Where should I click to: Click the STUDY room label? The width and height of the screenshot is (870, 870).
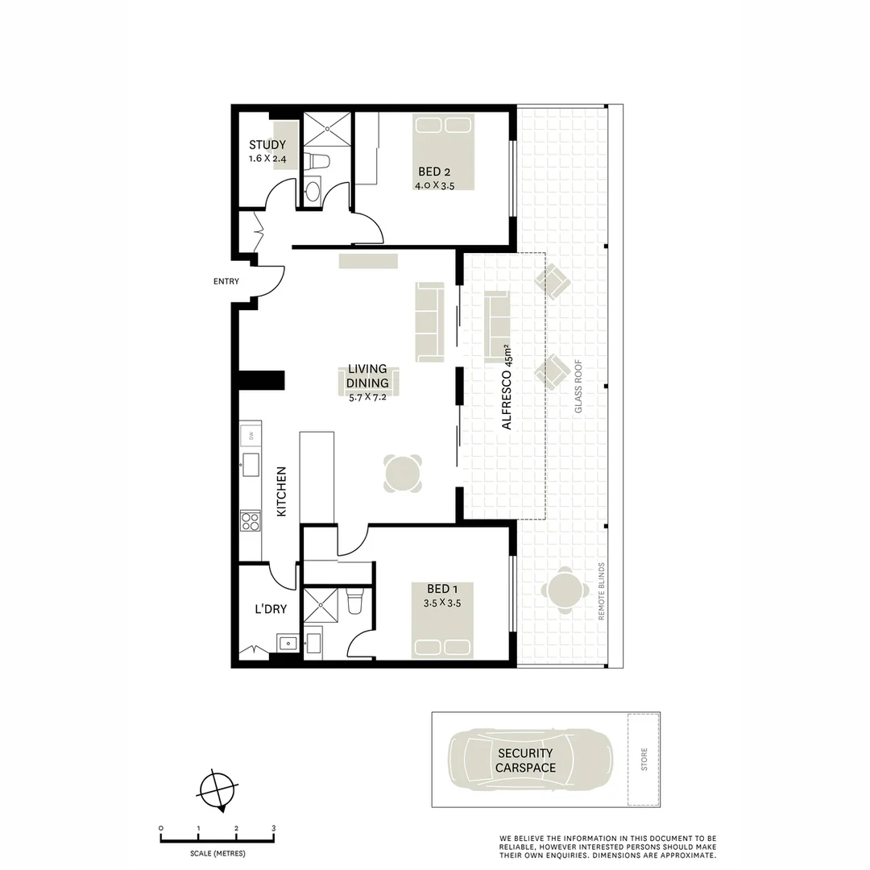267,145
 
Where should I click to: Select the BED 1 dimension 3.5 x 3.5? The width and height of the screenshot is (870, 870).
441,603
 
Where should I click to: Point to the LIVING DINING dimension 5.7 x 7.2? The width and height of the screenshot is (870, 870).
367,396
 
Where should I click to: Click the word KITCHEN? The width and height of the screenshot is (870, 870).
282,491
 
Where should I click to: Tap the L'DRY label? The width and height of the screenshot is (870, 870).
271,609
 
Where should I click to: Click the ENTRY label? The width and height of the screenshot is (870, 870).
226,281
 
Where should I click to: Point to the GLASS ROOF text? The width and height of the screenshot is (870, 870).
578,387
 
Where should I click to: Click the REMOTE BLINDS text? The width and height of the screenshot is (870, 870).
601,590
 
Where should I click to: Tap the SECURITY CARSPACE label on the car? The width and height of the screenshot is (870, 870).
525,760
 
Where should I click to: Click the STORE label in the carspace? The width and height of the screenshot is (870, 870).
644,760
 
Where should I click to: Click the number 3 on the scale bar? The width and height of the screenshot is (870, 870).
274,828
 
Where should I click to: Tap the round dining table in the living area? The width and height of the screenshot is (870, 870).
403,473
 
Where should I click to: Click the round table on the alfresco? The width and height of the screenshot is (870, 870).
563,590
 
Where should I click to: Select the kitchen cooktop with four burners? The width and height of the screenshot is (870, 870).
251,521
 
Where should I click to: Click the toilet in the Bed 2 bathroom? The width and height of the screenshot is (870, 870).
318,160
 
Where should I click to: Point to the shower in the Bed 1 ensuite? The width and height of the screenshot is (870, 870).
321,603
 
